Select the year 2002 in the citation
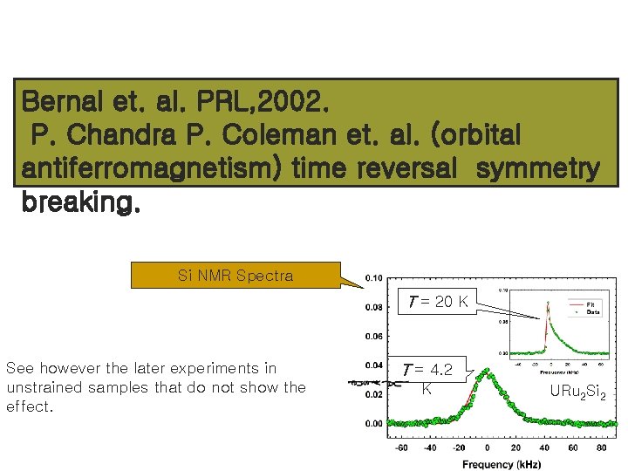click(292, 102)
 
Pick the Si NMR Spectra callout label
click(235, 276)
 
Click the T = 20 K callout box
click(439, 302)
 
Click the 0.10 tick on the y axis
click(372, 278)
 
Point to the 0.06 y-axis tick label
click(372, 336)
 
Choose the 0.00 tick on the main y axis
click(372, 424)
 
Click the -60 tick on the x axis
click(402, 447)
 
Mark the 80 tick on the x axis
click(600, 447)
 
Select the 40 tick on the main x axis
click(543, 447)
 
